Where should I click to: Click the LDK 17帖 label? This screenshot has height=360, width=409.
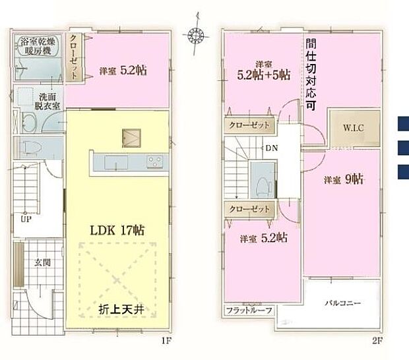117,230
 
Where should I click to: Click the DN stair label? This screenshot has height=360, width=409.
272,148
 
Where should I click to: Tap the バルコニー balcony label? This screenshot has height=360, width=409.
342,303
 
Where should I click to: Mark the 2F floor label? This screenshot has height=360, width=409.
377,341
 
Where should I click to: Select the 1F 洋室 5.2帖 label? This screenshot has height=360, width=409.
123,69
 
